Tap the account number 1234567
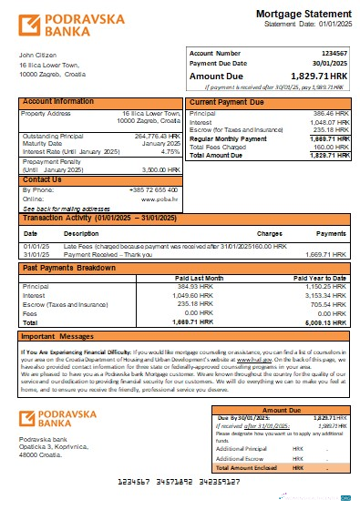[332, 55]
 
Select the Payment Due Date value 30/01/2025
[330, 64]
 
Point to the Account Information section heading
[58, 101]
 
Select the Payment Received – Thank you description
[106, 253]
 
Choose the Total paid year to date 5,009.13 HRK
[329, 322]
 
